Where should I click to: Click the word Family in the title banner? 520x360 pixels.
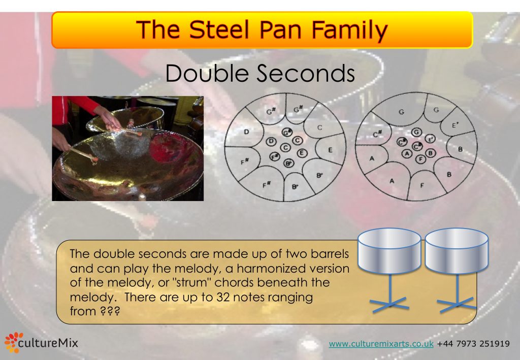click(347, 30)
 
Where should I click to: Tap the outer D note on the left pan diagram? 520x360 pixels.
click(246, 132)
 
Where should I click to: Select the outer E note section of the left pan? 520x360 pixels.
click(330, 150)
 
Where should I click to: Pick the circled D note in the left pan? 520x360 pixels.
click(271, 141)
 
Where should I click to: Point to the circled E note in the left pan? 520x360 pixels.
click(301, 152)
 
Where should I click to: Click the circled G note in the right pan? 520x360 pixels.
click(416, 132)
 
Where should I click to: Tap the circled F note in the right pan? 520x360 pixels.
click(420, 159)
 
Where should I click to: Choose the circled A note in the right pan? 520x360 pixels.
click(407, 153)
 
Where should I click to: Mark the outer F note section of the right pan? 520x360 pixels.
click(422, 185)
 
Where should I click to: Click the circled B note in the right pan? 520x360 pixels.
click(431, 152)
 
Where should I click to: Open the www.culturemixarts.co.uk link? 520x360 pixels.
click(381, 344)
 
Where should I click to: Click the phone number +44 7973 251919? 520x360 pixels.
click(473, 344)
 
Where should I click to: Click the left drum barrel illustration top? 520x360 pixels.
click(389, 238)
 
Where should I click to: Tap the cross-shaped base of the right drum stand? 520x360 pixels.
click(457, 305)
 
